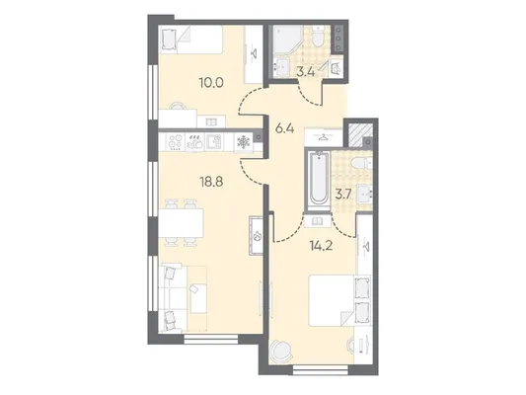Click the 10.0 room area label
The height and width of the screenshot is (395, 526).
click(x=211, y=82)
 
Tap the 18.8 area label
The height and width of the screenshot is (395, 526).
click(x=211, y=182)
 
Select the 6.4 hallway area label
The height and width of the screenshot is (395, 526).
click(x=284, y=128)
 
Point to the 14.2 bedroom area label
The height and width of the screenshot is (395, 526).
click(x=321, y=246)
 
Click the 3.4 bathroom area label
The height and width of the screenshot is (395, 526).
click(x=306, y=72)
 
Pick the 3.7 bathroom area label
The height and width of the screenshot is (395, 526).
click(x=342, y=195)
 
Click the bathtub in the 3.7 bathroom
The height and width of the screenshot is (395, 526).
click(x=319, y=178)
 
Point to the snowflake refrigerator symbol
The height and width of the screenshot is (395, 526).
click(x=243, y=142)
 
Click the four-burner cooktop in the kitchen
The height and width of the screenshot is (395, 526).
click(x=175, y=142)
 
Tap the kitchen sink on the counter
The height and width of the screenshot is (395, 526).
click(x=213, y=142)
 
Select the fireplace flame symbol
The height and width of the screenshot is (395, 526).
click(x=258, y=236)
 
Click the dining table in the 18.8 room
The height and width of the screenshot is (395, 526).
click(x=181, y=222)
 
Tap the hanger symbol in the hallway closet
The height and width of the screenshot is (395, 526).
click(x=324, y=136)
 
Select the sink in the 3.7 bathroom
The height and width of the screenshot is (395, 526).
click(x=364, y=194)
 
